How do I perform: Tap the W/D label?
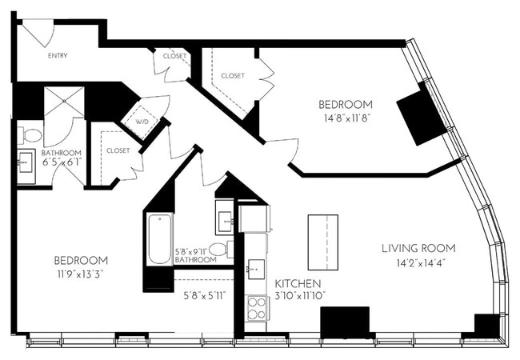click(x=143, y=122)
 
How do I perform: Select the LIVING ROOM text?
click(x=418, y=247)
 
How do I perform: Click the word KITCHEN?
click(x=298, y=284)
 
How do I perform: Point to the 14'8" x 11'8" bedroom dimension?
click(x=345, y=117)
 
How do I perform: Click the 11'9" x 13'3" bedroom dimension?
click(x=80, y=274)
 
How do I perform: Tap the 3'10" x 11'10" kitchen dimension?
click(x=298, y=295)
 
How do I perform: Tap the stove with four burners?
click(x=256, y=308)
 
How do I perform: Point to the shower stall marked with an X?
click(x=63, y=103)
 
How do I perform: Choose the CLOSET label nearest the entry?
click(x=174, y=56)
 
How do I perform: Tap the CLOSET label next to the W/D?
click(x=118, y=150)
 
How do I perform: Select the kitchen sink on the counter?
click(x=256, y=268)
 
